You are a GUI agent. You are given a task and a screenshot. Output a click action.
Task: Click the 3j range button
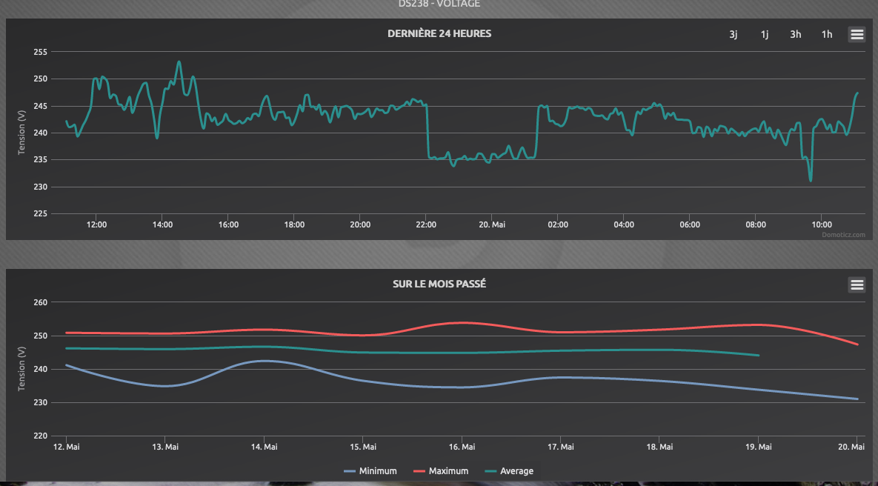click(x=734, y=34)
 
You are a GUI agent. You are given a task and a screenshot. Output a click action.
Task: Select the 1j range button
click(x=765, y=34)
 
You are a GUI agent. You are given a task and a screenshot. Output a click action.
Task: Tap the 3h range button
click(x=796, y=34)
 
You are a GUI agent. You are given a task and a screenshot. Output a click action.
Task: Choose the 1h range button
click(x=827, y=34)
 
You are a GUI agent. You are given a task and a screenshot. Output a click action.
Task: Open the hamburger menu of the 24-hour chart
click(x=857, y=34)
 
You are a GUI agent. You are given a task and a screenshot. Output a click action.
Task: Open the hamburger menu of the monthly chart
click(x=857, y=284)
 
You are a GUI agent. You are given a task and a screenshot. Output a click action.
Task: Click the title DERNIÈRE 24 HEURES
click(x=439, y=33)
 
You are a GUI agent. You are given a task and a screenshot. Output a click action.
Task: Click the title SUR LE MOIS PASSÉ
click(x=439, y=284)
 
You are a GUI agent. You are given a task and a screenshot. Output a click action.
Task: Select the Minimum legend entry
click(x=371, y=471)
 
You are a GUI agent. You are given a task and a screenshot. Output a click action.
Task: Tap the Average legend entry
click(x=509, y=471)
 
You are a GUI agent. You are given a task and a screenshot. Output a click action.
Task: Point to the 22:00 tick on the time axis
click(x=426, y=224)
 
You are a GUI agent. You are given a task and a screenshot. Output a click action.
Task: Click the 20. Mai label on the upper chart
click(x=492, y=224)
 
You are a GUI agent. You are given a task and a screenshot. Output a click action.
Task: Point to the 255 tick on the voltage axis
click(x=40, y=52)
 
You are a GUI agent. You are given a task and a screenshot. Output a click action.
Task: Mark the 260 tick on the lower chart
click(x=40, y=302)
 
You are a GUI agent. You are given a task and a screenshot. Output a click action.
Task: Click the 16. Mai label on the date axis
click(x=462, y=447)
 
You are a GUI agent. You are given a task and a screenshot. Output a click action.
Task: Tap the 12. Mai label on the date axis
click(x=67, y=447)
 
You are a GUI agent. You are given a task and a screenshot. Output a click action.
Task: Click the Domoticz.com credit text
click(x=843, y=234)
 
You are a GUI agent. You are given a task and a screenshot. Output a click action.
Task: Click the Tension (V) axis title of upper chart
click(x=21, y=133)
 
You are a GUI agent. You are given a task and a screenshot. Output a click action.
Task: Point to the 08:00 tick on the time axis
click(x=756, y=224)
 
